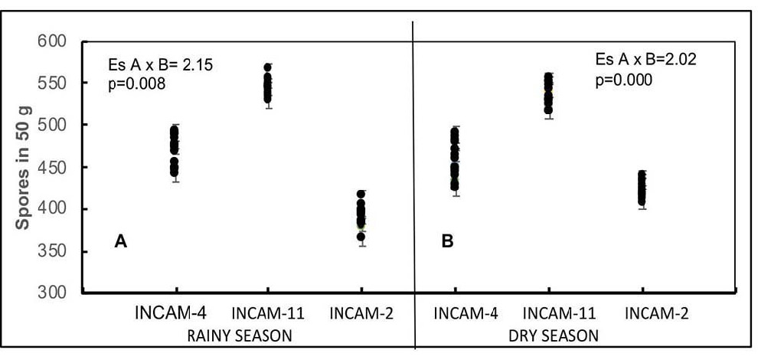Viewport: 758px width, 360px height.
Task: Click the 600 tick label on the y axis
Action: point(53,41)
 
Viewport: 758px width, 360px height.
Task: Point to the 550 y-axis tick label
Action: point(53,82)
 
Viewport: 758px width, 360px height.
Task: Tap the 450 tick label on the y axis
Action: point(53,167)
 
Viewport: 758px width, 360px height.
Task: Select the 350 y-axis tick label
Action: point(53,251)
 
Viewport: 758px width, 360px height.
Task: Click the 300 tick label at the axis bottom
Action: point(53,293)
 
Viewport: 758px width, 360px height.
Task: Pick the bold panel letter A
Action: point(120,242)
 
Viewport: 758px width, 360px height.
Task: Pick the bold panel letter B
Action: point(447,242)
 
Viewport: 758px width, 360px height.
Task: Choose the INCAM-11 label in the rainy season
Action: point(267,313)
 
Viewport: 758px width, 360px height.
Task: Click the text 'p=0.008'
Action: point(137,83)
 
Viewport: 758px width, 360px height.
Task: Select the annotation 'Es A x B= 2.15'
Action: point(160,65)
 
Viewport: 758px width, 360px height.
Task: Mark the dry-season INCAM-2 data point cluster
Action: point(642,188)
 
